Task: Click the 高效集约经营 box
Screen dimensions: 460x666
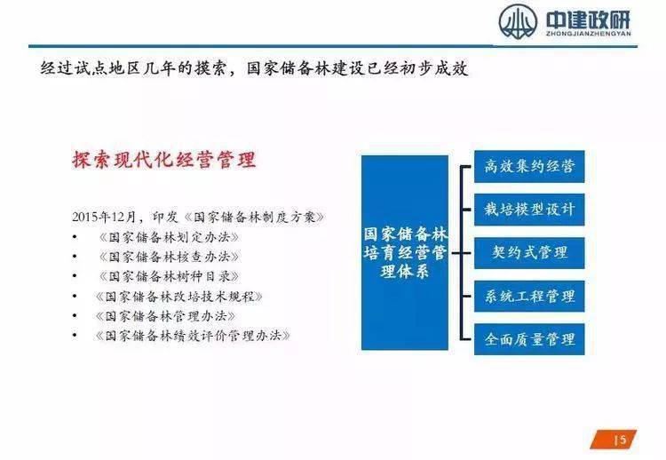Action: click(529, 167)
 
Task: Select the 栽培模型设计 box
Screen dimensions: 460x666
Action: click(529, 210)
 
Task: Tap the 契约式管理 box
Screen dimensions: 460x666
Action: click(529, 252)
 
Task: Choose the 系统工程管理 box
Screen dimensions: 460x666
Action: click(529, 296)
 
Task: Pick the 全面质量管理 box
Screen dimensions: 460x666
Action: click(529, 338)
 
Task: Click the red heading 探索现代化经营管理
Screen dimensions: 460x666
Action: click(164, 161)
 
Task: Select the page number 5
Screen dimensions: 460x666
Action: click(622, 439)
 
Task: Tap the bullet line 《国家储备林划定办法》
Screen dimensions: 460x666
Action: click(169, 237)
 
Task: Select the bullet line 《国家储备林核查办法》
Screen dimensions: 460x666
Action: click(169, 257)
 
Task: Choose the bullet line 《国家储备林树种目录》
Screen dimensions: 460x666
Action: click(169, 276)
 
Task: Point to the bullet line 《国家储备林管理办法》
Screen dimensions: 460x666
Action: click(165, 315)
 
